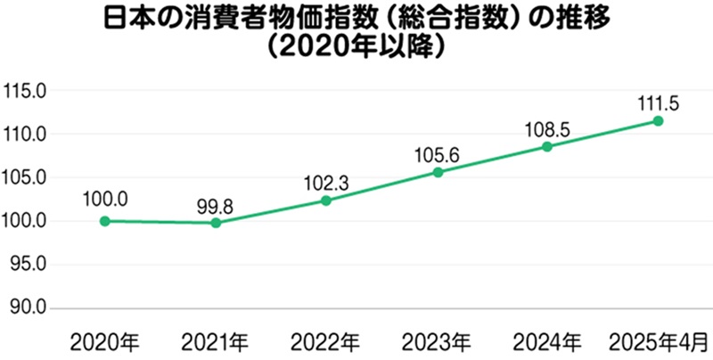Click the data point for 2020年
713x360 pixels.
105,221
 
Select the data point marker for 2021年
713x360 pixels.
216,223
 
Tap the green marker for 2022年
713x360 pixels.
326,200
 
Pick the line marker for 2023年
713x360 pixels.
438,172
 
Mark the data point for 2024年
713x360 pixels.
547,146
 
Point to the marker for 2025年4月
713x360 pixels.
658,120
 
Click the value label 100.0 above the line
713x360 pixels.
106,198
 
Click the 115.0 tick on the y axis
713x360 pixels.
27,91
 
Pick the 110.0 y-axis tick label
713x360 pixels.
27,135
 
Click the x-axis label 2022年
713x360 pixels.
326,341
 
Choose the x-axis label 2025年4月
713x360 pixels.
658,341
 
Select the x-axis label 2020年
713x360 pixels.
105,341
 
